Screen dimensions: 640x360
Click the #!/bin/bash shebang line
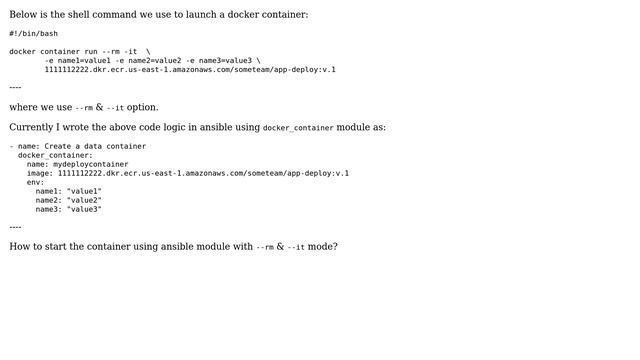point(33,33)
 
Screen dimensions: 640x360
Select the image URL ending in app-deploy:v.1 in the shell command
point(190,69)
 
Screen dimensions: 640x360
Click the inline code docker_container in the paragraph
point(298,128)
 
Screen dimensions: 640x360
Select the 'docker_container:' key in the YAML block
point(55,155)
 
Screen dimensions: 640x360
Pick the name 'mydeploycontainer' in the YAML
point(90,164)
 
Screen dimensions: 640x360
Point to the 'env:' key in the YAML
point(35,182)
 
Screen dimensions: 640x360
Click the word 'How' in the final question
point(20,246)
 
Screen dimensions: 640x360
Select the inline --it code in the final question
point(296,247)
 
